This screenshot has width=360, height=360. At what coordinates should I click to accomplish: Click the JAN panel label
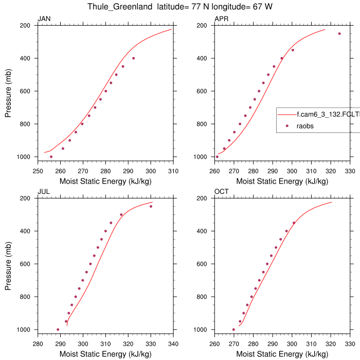pos(44,19)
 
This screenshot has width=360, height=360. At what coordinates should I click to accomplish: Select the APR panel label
pos(221,19)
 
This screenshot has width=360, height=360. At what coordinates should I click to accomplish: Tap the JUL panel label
pos(43,192)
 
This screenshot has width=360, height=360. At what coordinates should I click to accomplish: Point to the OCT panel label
pos(221,192)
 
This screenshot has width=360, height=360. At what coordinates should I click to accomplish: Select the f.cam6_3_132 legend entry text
pos(319,115)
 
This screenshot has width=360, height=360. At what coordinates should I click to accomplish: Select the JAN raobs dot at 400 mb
pos(133,58)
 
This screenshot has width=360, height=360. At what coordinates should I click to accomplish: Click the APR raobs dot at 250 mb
pos(339,33)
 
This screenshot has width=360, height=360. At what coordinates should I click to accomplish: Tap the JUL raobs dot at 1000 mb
pos(58,330)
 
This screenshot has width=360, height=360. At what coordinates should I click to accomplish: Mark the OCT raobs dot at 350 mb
pos(294,223)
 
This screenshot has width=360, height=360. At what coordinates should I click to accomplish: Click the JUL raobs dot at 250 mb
pos(151,206)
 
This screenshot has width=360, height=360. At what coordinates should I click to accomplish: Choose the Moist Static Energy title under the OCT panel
pos(282,354)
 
